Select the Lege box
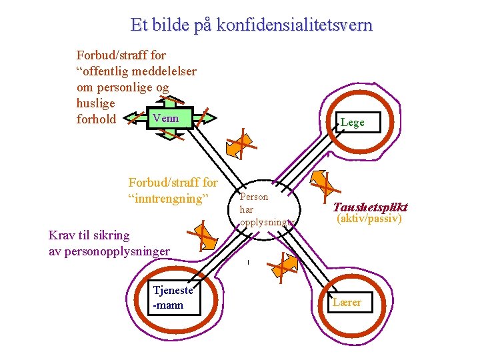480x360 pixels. coord(352,123)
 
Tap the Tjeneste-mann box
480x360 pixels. coord(174,298)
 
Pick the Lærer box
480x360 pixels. coord(349,303)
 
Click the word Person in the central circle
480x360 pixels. coord(253,197)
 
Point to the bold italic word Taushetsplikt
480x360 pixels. coord(370,207)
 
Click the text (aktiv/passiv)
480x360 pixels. coord(369,219)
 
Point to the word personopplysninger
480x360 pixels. coord(117,251)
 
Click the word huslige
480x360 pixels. coord(96,104)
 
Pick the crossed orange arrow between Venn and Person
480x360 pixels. coord(239,143)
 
